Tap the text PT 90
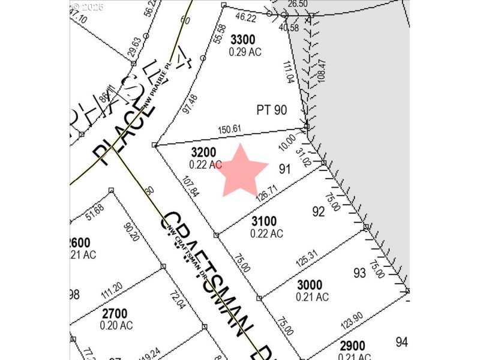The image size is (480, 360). point(272,110)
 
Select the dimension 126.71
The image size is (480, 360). point(268,196)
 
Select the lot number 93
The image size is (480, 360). point(359,273)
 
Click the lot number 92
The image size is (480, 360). point(319,211)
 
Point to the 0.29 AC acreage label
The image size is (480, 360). point(245,52)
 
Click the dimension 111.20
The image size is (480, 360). point(112,292)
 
